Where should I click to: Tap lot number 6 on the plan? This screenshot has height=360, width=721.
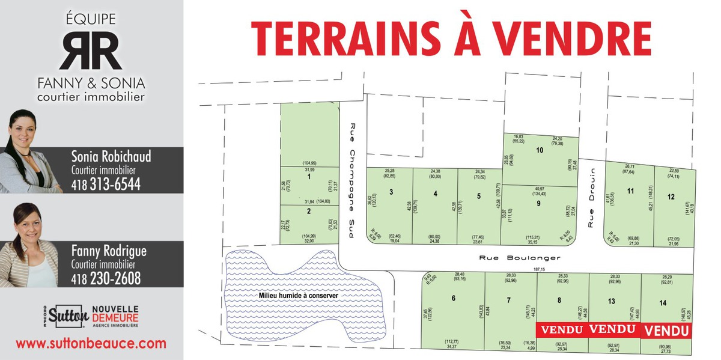pyautogui.click(x=453, y=299)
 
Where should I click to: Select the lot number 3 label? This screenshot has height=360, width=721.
pyautogui.click(x=391, y=192)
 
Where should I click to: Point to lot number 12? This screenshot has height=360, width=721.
pyautogui.click(x=671, y=196)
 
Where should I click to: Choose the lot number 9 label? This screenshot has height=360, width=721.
pyautogui.click(x=539, y=203)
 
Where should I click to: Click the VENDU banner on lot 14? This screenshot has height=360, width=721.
pyautogui.click(x=666, y=331)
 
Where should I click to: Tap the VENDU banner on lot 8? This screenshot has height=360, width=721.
pyautogui.click(x=562, y=330)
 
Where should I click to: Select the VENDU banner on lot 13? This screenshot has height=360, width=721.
pyautogui.click(x=612, y=329)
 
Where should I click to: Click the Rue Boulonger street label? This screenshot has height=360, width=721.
pyautogui.click(x=520, y=258)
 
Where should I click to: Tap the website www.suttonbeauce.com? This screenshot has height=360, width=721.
pyautogui.click(x=91, y=344)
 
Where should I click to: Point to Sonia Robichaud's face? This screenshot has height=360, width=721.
pyautogui.click(x=23, y=130)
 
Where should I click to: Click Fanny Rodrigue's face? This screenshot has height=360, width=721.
pyautogui.click(x=28, y=225)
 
